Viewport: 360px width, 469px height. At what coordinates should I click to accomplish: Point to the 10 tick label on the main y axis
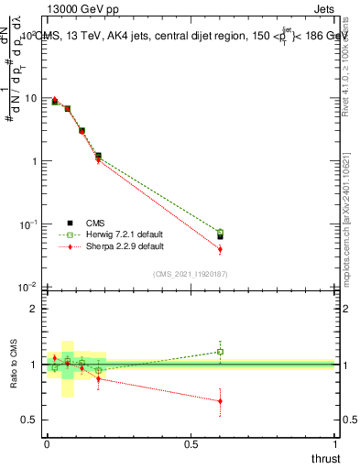[30, 98]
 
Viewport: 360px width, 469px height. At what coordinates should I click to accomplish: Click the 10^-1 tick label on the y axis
[28, 224]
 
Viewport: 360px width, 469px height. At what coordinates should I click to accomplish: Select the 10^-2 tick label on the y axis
[28, 287]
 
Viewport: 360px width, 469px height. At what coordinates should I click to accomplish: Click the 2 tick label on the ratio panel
[34, 309]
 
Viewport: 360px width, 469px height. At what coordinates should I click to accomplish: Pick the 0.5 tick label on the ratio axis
[30, 420]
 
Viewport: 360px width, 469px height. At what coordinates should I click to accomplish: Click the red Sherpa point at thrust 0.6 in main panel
[220, 249]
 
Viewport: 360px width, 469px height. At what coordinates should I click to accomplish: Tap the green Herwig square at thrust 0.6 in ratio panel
[220, 352]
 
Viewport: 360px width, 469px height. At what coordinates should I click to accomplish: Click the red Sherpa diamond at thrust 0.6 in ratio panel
[220, 401]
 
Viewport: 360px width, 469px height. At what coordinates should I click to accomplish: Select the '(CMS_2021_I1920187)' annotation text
[190, 273]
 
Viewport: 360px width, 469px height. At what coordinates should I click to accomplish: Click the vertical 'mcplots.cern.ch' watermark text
[351, 220]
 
